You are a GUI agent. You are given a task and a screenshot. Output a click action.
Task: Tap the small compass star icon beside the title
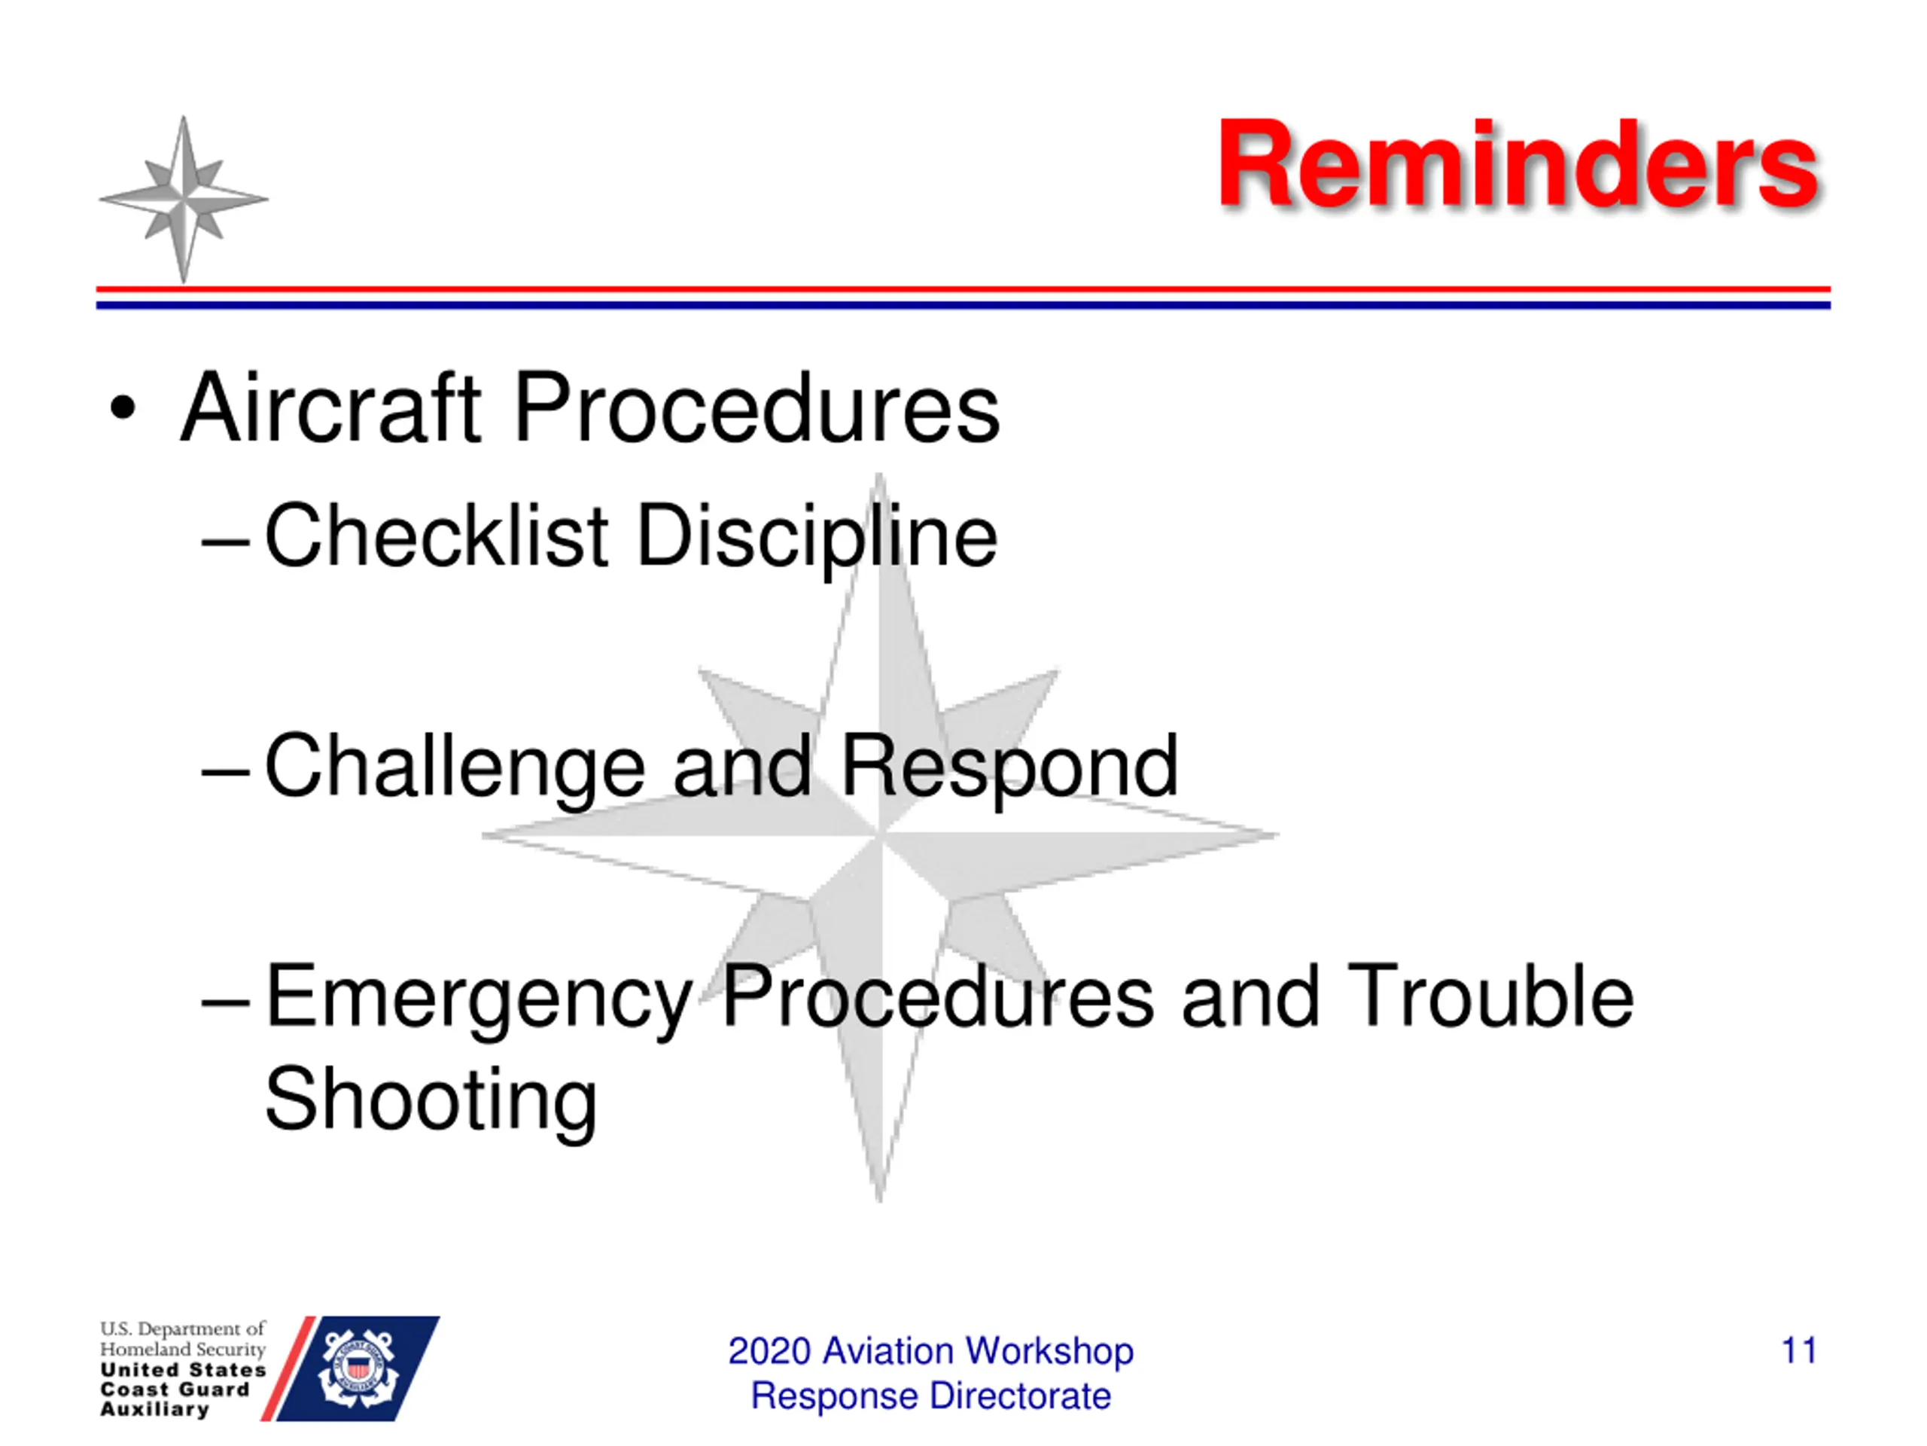(x=183, y=200)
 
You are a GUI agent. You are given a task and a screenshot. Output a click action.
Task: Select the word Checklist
(x=437, y=535)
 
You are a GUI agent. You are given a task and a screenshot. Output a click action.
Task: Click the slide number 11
(x=1799, y=1350)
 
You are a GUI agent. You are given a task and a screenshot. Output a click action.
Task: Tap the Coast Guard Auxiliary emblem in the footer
(x=358, y=1368)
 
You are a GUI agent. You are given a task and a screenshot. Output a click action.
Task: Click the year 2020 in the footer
(x=769, y=1351)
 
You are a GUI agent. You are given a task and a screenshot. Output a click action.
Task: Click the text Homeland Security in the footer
(x=182, y=1350)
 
